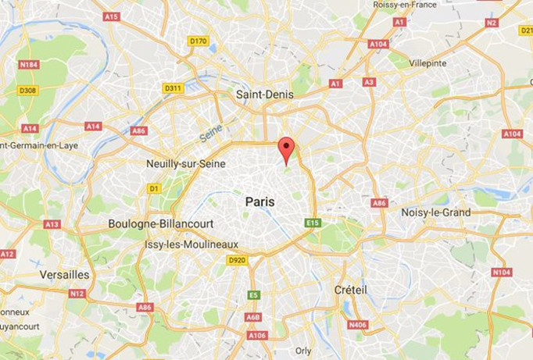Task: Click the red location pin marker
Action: tap(287, 149)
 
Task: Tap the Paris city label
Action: tap(260, 201)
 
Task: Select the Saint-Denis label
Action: tap(263, 94)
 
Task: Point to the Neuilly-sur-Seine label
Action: tap(186, 164)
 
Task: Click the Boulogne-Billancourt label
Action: tap(160, 223)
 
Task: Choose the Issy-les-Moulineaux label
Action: tap(191, 244)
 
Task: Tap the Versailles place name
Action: tap(65, 275)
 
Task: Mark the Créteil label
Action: tap(350, 290)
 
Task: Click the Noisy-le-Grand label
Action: tap(436, 212)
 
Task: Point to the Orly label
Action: tap(303, 351)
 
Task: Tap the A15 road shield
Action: tap(112, 16)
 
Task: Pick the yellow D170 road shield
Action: tap(199, 41)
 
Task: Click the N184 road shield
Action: tap(29, 65)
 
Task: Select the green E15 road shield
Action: tap(313, 223)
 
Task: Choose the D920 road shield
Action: tap(237, 260)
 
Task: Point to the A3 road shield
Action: tap(370, 82)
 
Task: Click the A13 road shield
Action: tap(52, 224)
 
